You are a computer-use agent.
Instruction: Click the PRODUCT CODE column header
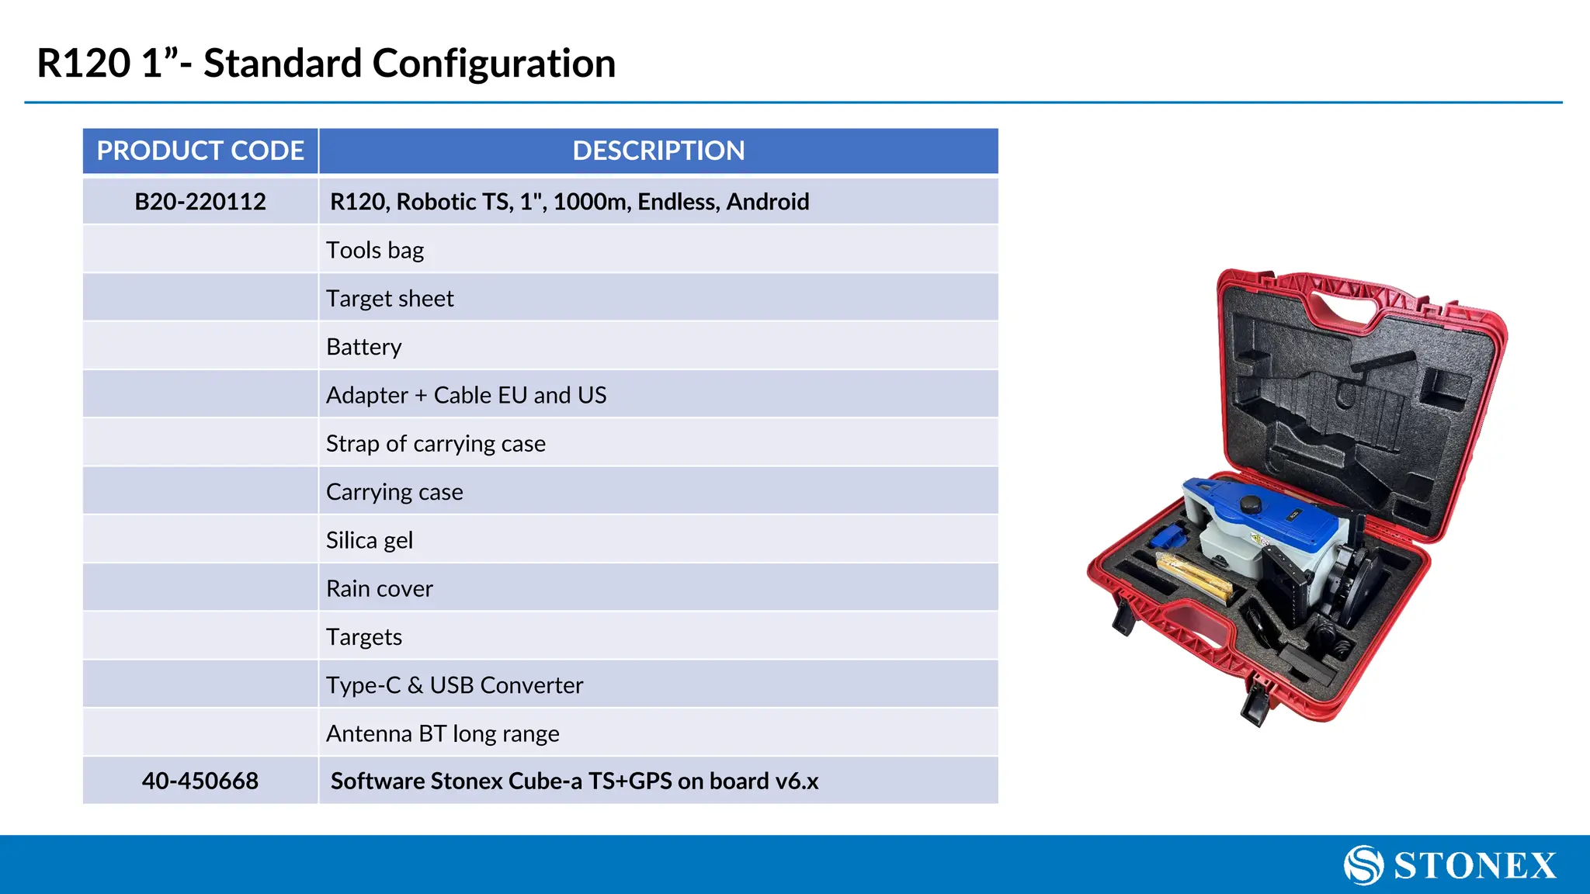click(200, 151)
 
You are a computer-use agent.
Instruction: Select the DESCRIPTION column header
click(658, 151)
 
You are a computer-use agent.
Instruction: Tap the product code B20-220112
click(200, 202)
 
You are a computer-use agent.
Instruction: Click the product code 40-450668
click(200, 781)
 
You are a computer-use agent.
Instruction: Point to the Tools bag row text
click(375, 250)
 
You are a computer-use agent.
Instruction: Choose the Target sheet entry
click(390, 299)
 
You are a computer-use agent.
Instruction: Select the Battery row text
click(364, 347)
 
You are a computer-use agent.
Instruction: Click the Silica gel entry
click(370, 540)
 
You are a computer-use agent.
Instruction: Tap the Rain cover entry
click(380, 589)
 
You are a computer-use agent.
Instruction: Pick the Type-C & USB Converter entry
click(454, 685)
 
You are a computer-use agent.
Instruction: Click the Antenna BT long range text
click(443, 733)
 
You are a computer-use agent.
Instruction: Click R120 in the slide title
click(84, 64)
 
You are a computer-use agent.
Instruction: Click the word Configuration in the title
click(494, 64)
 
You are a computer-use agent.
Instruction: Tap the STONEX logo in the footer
click(1450, 865)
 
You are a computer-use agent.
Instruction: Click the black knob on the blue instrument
click(1250, 504)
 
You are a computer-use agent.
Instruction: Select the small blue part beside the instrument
click(1165, 536)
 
